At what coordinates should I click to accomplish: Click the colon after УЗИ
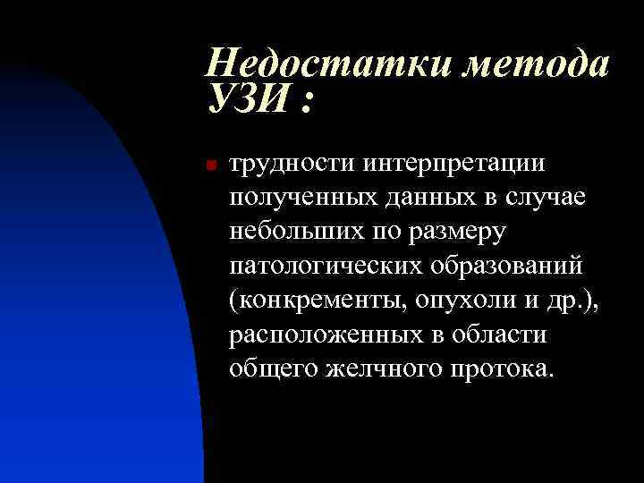307,104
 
